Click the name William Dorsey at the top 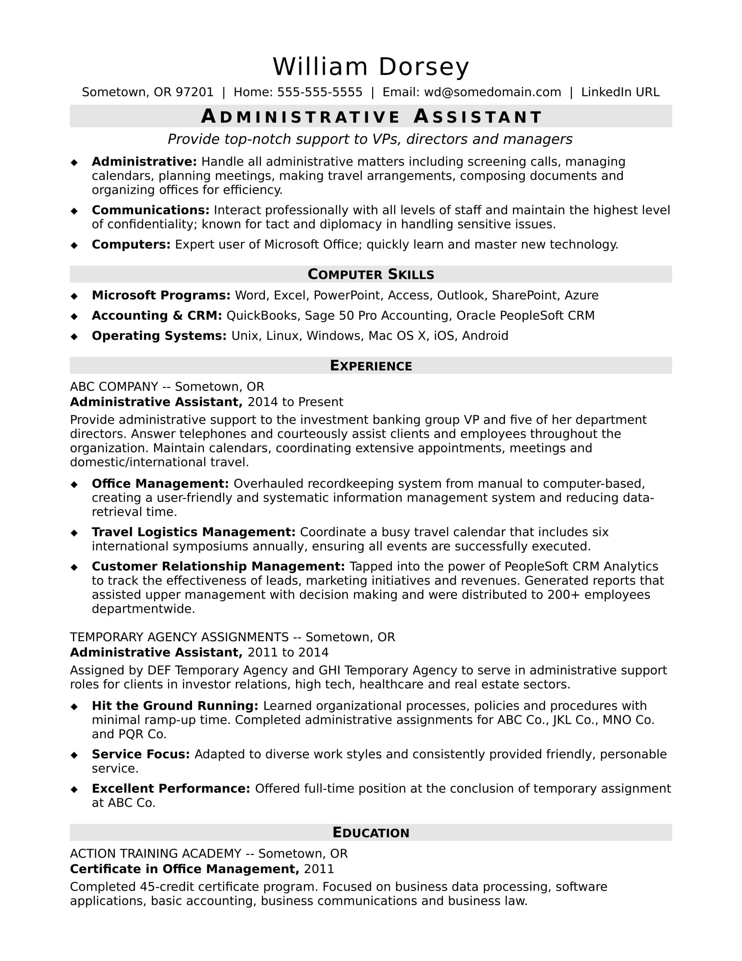coord(371,67)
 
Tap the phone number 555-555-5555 coord(319,93)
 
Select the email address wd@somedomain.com coord(492,93)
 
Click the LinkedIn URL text coord(620,93)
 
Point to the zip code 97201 coord(194,93)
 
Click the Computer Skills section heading coord(371,274)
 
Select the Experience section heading coord(371,366)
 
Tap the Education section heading coord(371,833)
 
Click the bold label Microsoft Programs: coord(161,295)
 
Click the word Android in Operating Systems coord(485,336)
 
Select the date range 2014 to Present coord(295,402)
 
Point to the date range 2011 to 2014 coord(288,653)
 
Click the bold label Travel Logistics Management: coord(193,532)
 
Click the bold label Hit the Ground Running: coord(175,706)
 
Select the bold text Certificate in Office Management coord(184,869)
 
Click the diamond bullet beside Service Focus coord(74,755)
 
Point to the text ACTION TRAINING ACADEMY coord(156,854)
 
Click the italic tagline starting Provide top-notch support coord(370,139)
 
